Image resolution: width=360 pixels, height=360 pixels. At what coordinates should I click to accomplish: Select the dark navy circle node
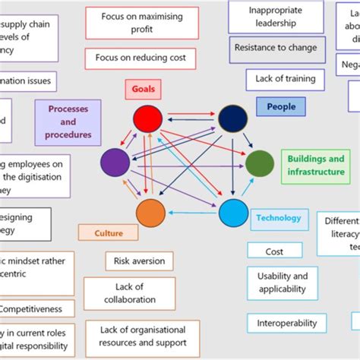(x=233, y=118)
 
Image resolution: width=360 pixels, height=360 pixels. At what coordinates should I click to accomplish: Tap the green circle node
(x=259, y=163)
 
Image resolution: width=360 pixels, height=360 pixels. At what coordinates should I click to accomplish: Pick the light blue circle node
(x=233, y=213)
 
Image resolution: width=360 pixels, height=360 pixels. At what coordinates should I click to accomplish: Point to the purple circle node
(x=115, y=163)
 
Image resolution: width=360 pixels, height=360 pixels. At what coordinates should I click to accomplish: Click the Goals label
(x=143, y=89)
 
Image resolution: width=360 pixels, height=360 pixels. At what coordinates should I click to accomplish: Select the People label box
(x=280, y=107)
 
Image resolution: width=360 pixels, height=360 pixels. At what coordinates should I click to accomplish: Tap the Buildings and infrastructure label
(x=315, y=166)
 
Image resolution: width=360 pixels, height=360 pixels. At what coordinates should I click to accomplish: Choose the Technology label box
(x=279, y=219)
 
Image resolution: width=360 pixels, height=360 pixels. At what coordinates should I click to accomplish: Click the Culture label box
(x=109, y=234)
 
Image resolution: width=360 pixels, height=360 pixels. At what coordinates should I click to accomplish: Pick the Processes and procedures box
(x=68, y=122)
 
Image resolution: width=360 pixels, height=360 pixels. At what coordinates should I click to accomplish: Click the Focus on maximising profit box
(x=141, y=23)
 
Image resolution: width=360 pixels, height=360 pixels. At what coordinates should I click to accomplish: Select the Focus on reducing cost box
(x=141, y=58)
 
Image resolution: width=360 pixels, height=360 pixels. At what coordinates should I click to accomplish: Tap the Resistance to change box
(x=275, y=48)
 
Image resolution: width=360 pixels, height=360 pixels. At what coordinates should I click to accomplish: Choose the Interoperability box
(x=286, y=323)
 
